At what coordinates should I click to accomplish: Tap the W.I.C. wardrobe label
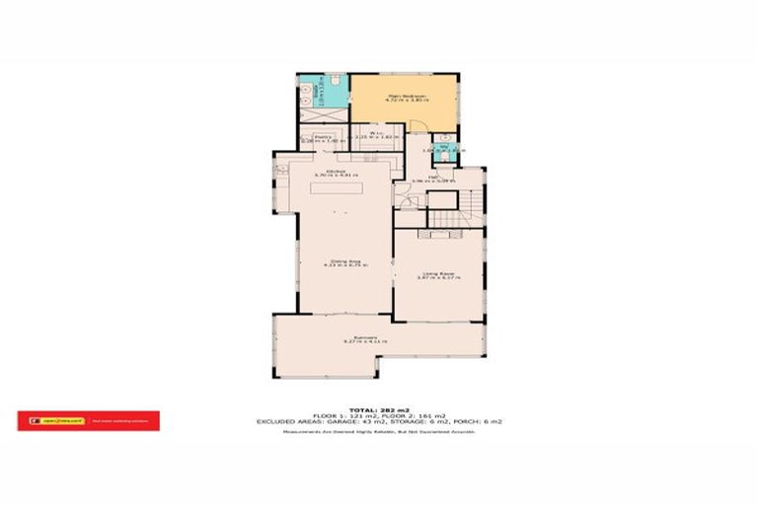[x=376, y=135]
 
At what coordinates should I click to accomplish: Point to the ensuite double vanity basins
[x=307, y=95]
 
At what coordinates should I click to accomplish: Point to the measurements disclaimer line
[x=378, y=431]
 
